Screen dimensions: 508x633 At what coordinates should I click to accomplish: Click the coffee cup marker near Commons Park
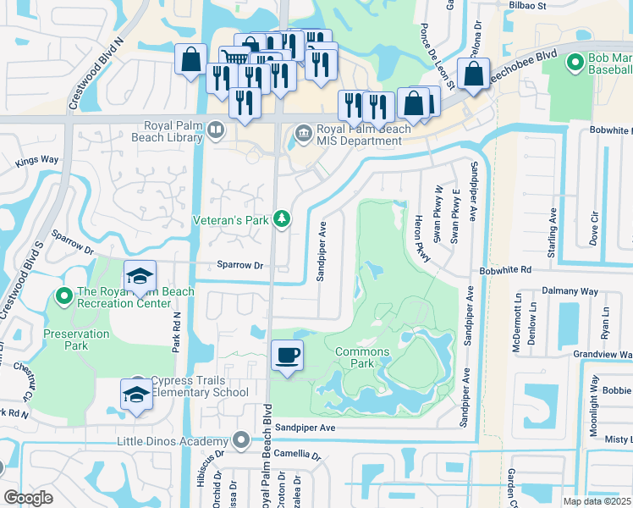point(288,355)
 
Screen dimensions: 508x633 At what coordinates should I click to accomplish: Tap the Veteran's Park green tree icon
point(282,220)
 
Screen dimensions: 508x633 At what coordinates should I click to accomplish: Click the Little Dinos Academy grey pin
point(241,440)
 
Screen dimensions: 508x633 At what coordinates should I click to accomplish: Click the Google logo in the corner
point(28,498)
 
